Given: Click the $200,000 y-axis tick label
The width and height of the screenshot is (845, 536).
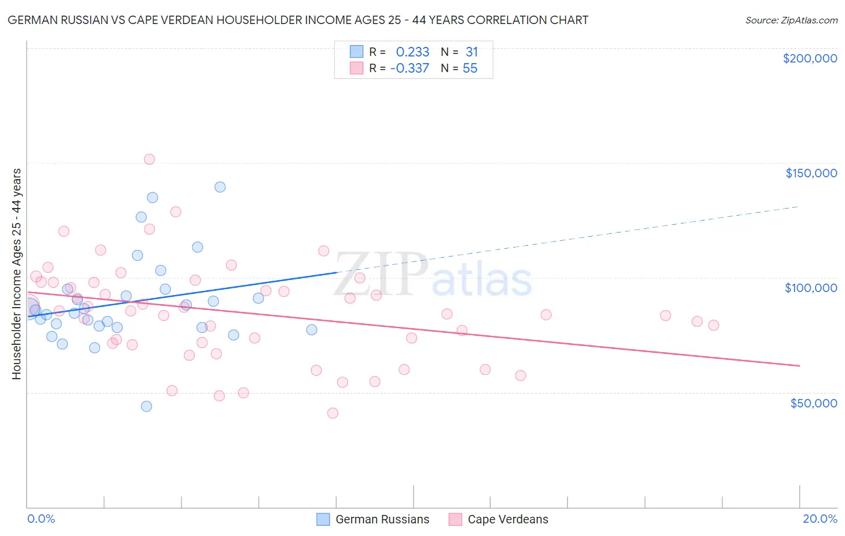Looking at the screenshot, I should tap(810, 58).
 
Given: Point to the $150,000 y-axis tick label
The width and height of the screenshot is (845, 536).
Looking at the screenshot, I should tap(811, 173).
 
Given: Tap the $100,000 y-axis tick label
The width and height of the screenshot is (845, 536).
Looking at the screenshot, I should tap(811, 288).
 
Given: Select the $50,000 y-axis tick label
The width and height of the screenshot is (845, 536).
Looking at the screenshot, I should tap(813, 403).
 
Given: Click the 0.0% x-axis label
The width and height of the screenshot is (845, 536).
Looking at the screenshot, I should tap(41, 519).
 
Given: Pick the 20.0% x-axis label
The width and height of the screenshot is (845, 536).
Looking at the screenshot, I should tap(820, 519).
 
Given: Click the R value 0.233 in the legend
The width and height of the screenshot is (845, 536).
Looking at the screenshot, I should tap(412, 52).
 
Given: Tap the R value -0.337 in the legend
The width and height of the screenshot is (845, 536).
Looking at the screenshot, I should tap(409, 69).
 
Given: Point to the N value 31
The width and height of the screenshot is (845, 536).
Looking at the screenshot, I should tap(471, 52).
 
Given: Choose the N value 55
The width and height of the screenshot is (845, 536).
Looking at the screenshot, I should tap(470, 69).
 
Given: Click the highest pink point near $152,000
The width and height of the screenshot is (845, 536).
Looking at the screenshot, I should tap(150, 159).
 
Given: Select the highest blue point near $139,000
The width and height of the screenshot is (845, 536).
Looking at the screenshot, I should tap(220, 187).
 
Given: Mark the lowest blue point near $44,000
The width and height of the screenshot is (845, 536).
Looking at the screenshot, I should tap(146, 406).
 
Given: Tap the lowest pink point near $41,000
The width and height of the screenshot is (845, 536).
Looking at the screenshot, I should tap(332, 413).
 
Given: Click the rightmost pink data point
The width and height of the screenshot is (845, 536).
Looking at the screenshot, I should tap(713, 325).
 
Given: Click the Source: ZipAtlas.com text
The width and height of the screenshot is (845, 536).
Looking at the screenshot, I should tap(791, 20).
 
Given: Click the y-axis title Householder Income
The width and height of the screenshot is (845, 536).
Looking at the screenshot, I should tap(17, 273).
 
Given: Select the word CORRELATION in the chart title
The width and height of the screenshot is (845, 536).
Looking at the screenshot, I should tap(507, 20).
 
